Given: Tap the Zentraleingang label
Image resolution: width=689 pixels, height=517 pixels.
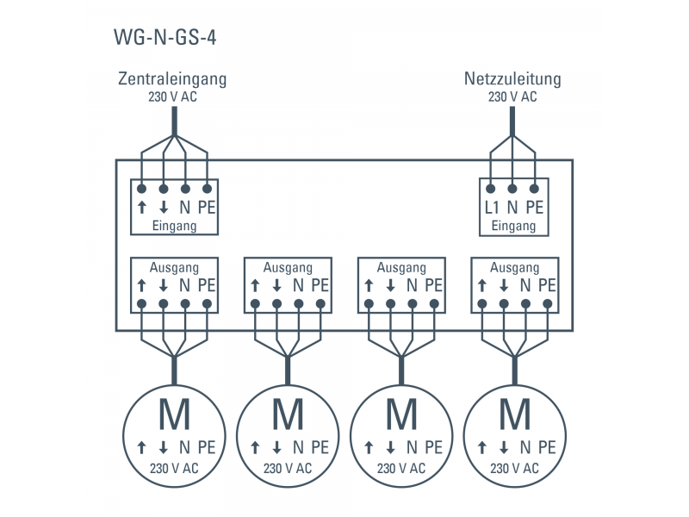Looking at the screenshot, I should pos(172,80).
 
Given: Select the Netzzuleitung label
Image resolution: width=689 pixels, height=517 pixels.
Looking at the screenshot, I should pos(512,80).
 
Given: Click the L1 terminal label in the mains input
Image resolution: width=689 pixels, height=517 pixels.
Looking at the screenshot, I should pos(492,208).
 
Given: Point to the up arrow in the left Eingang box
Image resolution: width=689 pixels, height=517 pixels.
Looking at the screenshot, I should pos(141,208).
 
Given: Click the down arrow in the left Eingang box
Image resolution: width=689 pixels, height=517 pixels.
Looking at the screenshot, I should pos(163,208).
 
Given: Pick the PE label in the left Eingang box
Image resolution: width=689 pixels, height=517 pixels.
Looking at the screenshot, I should pos(207,208).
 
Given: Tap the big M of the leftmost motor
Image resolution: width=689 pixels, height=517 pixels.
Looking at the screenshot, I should pos(175,415).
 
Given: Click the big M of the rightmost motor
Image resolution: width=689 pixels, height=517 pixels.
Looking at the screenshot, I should pos(515,415).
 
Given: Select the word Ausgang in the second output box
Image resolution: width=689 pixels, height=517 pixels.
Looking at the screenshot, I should pos(288,268).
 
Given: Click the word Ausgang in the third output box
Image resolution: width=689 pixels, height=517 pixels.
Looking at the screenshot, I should pos(401,268).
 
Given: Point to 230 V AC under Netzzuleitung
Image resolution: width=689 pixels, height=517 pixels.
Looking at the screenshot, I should pos(512,97).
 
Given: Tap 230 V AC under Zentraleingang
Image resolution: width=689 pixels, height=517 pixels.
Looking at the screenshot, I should pos(172,97).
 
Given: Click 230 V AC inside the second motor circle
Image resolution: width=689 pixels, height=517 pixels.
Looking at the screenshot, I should pos(288,468).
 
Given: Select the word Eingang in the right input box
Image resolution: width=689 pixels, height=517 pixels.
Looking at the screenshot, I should pos(513,227).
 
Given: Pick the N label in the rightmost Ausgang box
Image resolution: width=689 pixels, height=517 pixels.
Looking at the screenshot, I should pos(525,285).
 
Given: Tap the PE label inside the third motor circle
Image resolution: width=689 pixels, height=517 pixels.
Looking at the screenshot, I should pos(433,447).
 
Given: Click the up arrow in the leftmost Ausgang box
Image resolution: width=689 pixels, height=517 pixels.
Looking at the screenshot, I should pos(141,285).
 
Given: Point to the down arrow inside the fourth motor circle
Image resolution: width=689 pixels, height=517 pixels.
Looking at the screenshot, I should pos(504,447).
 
